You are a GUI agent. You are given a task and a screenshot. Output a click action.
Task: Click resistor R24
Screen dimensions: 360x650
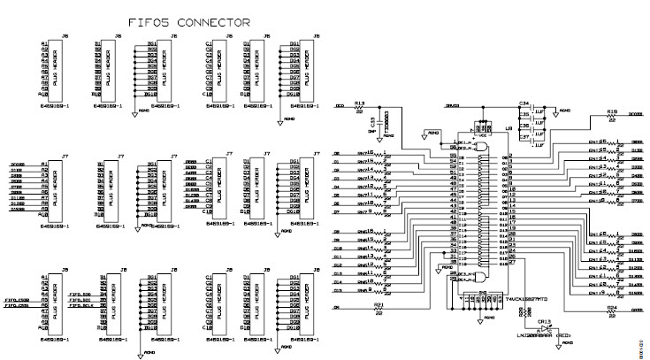pos(612,311)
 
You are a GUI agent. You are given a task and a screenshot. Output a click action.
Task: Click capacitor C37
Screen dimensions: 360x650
pos(524,138)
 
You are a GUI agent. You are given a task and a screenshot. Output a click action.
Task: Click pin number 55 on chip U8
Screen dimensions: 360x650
pos(453,156)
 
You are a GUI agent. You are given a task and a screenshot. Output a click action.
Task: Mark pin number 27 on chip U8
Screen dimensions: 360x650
pos(512,263)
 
